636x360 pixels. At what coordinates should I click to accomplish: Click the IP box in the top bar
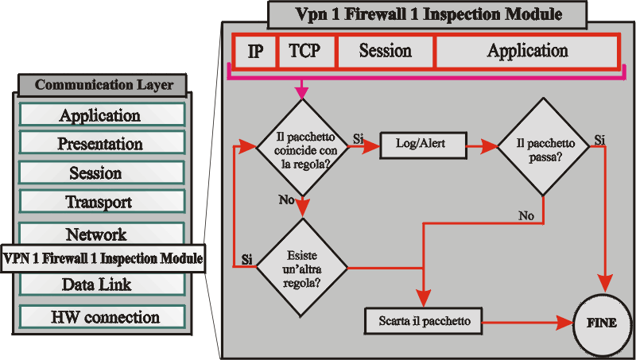(x=256, y=52)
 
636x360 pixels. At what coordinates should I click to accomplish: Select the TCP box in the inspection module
(x=305, y=52)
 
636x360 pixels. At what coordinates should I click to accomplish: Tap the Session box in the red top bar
(x=386, y=52)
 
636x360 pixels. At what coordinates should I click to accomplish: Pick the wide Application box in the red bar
(x=527, y=52)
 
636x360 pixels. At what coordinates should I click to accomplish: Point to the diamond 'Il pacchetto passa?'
(x=544, y=146)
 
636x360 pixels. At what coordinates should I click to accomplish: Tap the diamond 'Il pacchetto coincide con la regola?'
(x=301, y=148)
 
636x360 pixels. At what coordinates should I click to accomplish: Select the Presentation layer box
(x=101, y=144)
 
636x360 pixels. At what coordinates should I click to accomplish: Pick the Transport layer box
(x=101, y=202)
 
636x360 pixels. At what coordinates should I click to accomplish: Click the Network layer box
(x=101, y=234)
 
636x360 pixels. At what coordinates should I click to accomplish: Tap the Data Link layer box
(x=101, y=284)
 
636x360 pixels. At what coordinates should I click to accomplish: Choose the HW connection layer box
(x=101, y=316)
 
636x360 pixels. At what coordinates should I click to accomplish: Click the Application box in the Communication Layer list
(x=101, y=115)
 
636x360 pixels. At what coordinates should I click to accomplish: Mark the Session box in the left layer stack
(x=101, y=172)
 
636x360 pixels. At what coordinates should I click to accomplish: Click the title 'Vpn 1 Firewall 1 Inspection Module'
(x=429, y=14)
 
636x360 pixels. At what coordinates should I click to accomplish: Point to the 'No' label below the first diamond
(x=286, y=199)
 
